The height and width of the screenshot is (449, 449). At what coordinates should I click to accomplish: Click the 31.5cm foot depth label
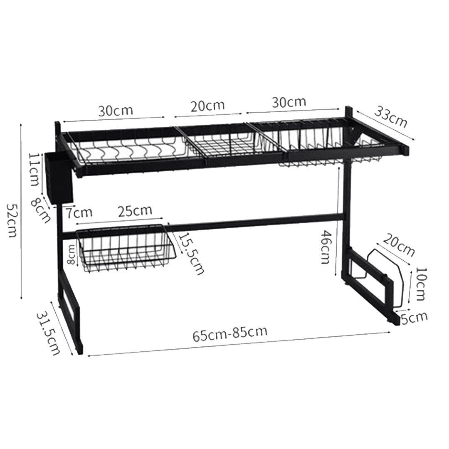pos(48,333)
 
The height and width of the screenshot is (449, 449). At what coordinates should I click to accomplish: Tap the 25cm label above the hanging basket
pos(135,211)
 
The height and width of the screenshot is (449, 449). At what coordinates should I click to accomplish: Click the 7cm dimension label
pos(79,212)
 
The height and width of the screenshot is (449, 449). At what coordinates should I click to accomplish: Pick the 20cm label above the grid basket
pos(207,106)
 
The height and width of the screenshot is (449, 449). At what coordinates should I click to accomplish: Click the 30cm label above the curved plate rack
pos(116,111)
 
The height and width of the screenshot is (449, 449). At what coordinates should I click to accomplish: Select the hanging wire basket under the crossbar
pos(126,248)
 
